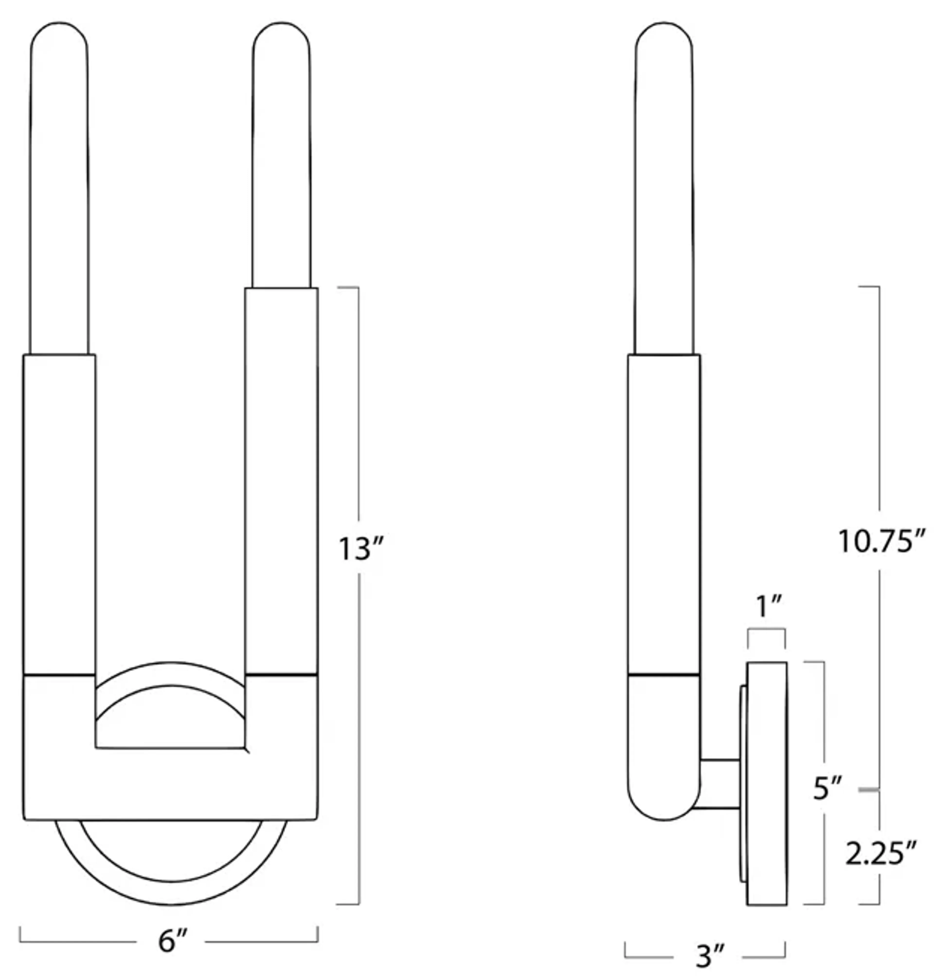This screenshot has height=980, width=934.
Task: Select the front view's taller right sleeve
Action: (x=281, y=478)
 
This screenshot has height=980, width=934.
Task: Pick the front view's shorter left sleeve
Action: (x=59, y=513)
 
